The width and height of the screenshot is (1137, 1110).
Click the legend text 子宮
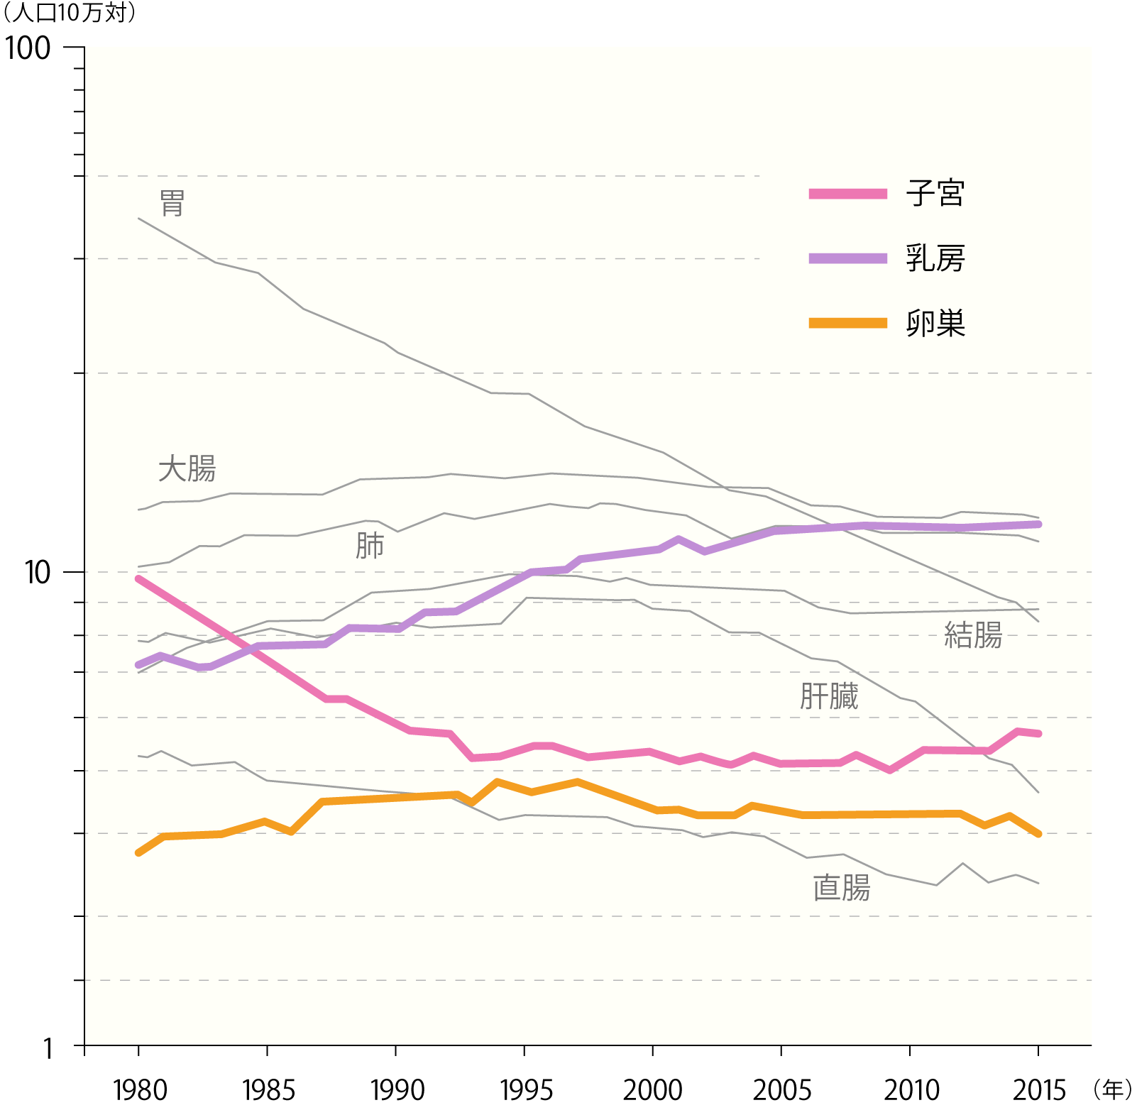tap(935, 193)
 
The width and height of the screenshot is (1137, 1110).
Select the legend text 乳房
tap(935, 258)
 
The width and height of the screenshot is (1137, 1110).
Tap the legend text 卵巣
tap(935, 324)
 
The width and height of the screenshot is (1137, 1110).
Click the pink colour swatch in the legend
tap(847, 194)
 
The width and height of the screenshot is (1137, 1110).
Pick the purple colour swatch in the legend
tap(847, 258)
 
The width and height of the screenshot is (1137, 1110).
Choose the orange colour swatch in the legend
tap(847, 323)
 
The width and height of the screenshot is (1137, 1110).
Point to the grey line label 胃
tap(172, 204)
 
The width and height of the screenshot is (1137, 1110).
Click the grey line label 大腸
tap(187, 469)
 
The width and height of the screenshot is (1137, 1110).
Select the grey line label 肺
tap(369, 546)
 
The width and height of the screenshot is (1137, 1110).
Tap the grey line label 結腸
tap(972, 634)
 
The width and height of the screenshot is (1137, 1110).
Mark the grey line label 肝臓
tap(828, 696)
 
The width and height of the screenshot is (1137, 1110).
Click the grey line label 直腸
tap(841, 888)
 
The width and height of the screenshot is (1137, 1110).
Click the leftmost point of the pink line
tap(138, 579)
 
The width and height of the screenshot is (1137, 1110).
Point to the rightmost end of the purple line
tap(1038, 524)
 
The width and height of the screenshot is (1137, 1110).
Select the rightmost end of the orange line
tap(1038, 834)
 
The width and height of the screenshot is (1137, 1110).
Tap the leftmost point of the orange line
tap(138, 852)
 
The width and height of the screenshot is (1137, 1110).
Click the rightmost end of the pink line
tap(1038, 733)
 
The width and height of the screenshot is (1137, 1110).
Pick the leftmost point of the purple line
tap(138, 665)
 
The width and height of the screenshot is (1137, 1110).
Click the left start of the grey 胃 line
tap(138, 219)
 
